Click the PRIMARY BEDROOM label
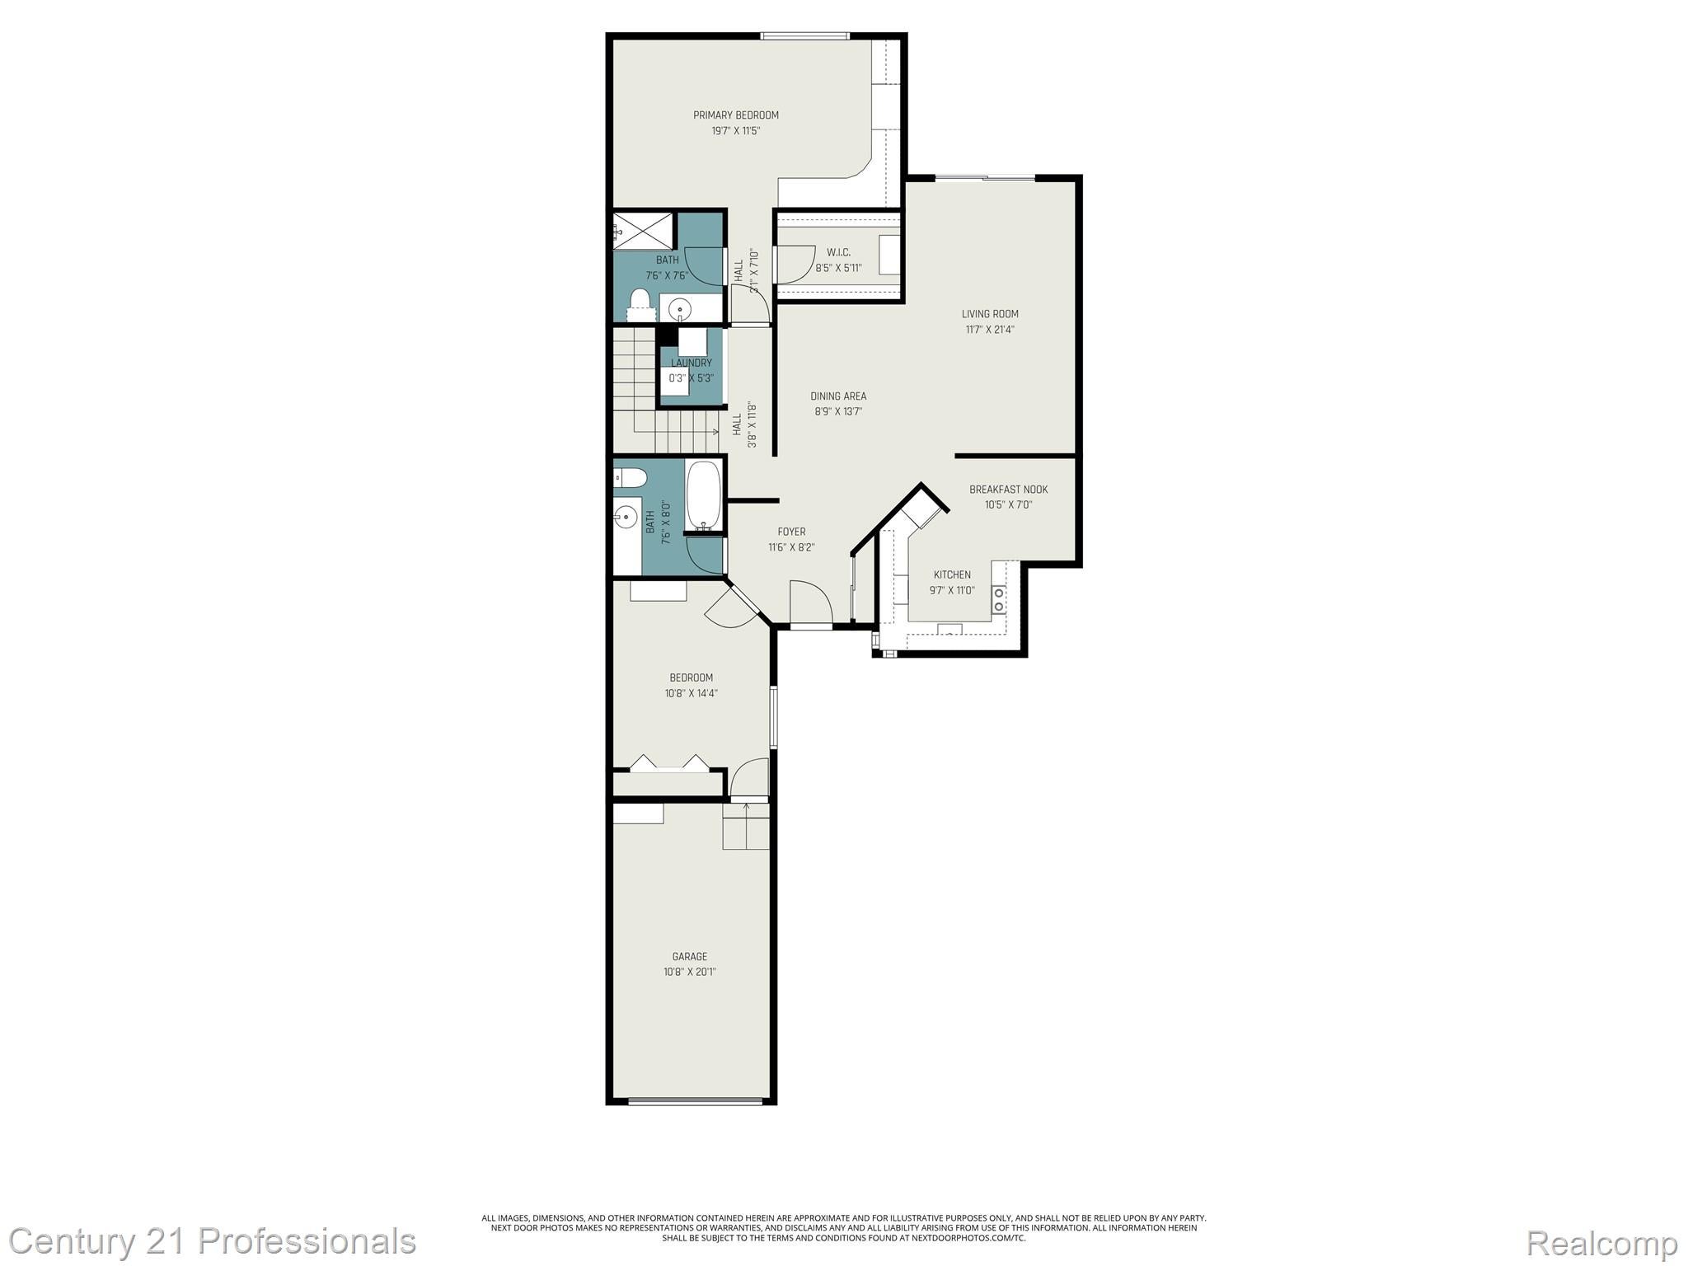click(735, 115)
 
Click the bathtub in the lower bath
click(704, 495)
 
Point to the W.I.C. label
click(838, 252)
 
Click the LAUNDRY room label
click(691, 363)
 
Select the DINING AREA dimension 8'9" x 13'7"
click(838, 411)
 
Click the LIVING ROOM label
click(990, 314)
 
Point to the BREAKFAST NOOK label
click(1008, 490)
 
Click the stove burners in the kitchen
click(999, 599)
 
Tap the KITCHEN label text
click(952, 574)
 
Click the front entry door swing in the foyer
click(809, 602)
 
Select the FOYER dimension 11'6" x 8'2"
click(791, 547)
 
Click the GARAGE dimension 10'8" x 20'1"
click(690, 972)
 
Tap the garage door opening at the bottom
click(695, 1100)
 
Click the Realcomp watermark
click(1601, 1241)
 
